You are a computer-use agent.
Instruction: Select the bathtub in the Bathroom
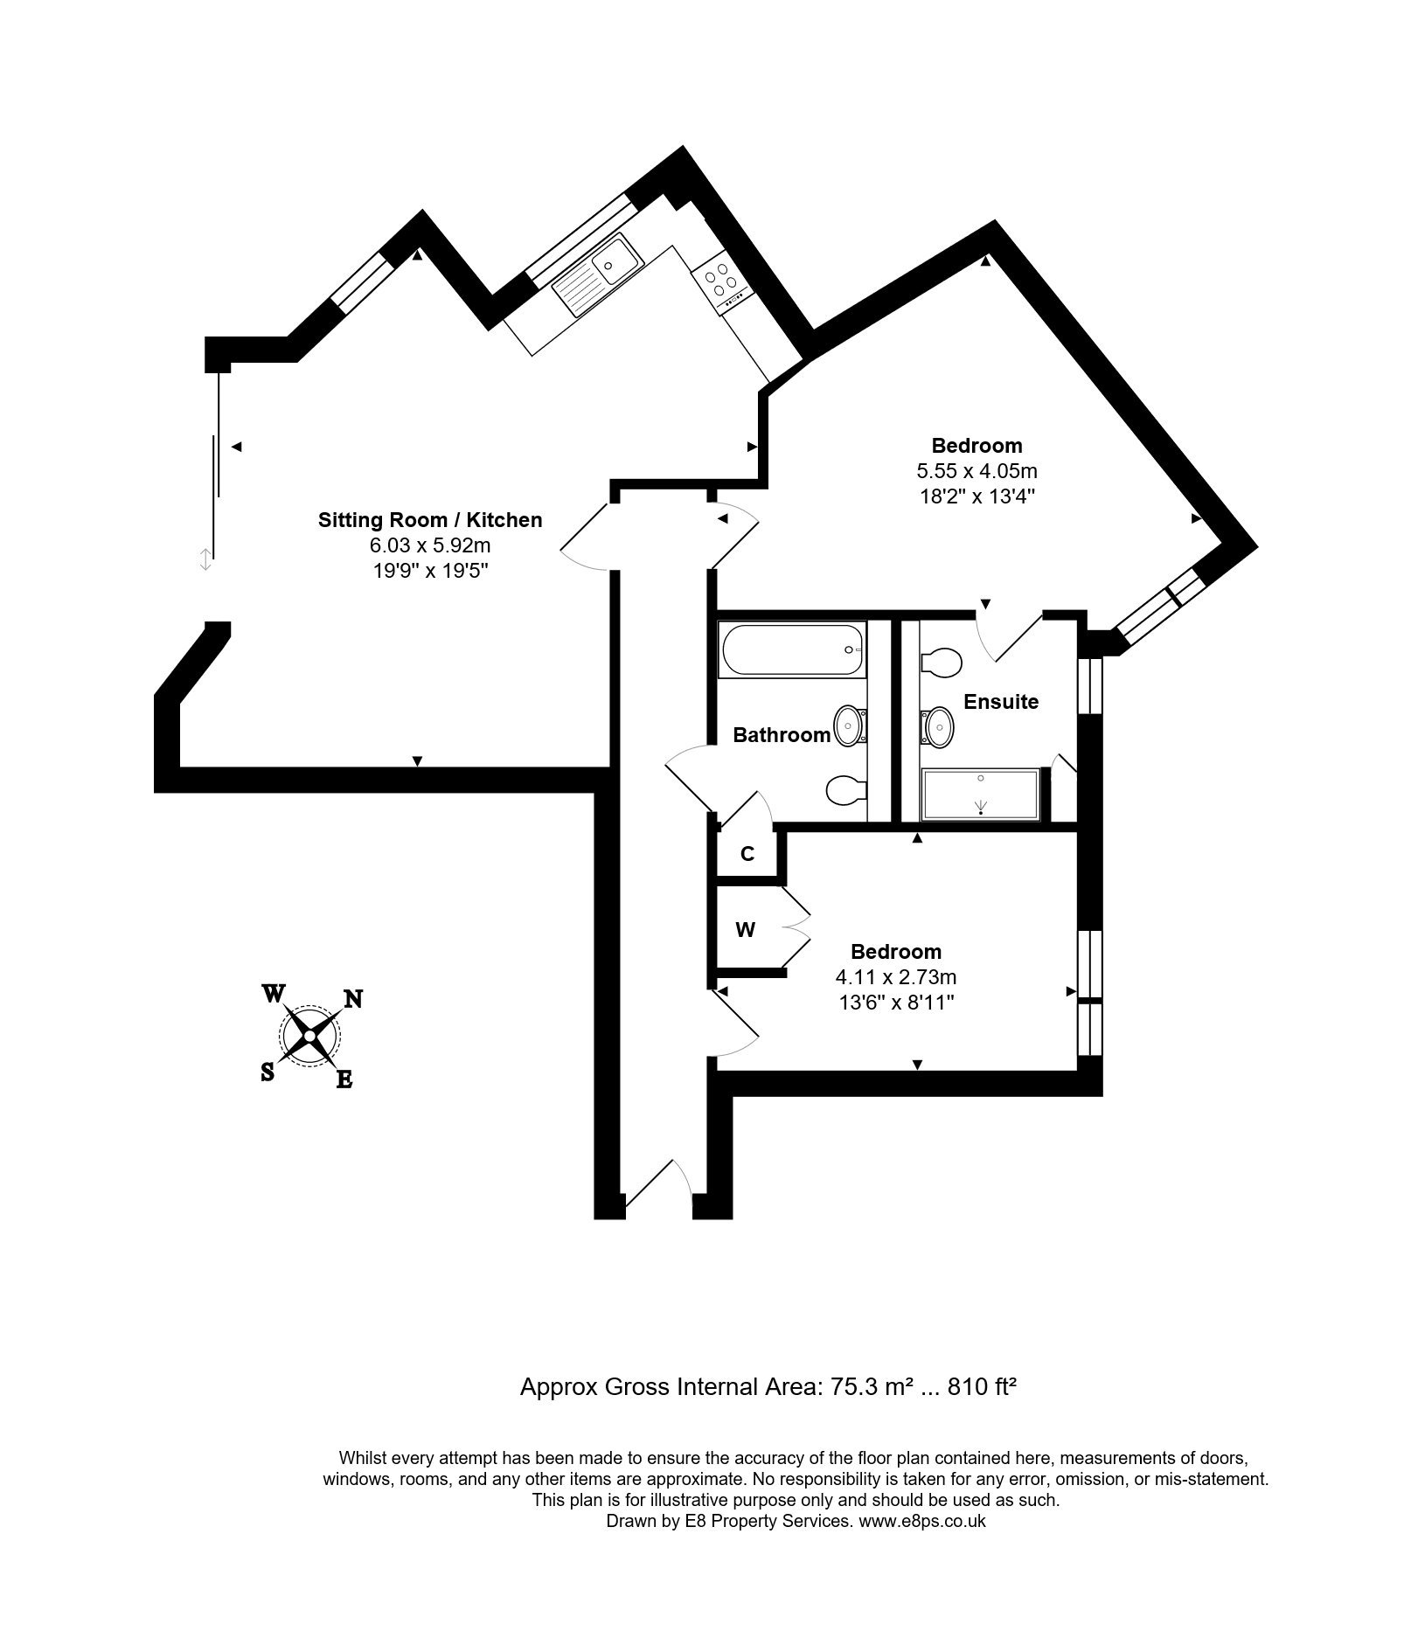[791, 649]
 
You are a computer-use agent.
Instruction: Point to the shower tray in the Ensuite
[980, 795]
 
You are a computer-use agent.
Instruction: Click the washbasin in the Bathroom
[851, 725]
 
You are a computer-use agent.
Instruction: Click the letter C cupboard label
[747, 854]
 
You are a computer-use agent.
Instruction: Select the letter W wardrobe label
[745, 930]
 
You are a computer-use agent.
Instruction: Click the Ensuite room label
[1001, 701]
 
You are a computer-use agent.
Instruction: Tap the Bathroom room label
[782, 734]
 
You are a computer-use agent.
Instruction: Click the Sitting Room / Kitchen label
[430, 520]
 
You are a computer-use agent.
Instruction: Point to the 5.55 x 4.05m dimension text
[977, 471]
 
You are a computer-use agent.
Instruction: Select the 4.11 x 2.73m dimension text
[897, 977]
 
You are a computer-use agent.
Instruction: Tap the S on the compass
[268, 1072]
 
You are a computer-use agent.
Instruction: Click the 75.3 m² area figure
[861, 1386]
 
